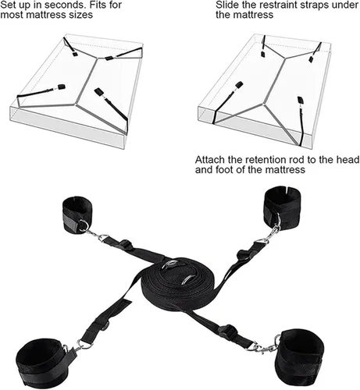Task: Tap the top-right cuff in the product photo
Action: pos(282,207)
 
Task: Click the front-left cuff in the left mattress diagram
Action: pos(62,87)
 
